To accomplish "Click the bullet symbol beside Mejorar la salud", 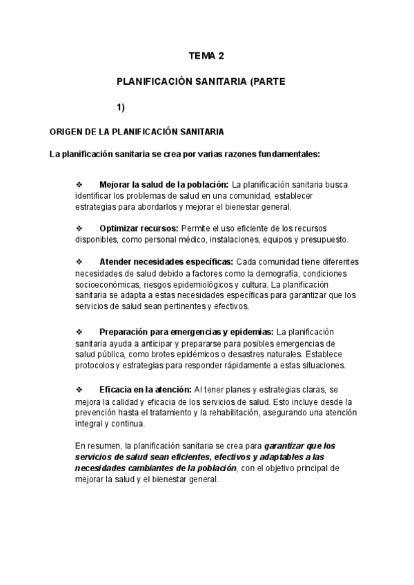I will [x=78, y=185].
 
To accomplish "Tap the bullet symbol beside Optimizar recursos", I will [x=78, y=228].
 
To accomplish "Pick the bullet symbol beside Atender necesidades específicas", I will [x=78, y=262].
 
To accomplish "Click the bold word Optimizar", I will [x=119, y=228].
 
